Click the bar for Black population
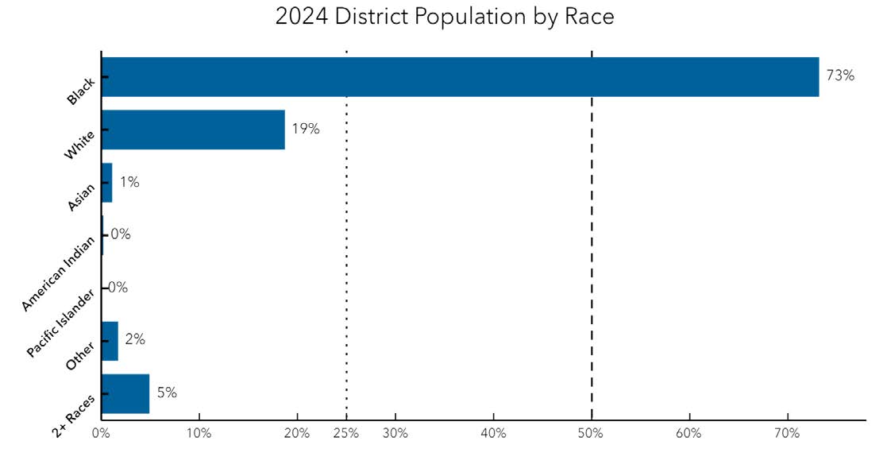[460, 77]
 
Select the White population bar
[193, 130]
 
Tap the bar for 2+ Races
[125, 394]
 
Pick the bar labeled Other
[110, 341]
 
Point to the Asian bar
[107, 183]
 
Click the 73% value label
[840, 75]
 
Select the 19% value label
[306, 129]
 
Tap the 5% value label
[167, 392]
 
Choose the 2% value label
[135, 339]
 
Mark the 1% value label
[129, 182]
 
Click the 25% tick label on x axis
[346, 434]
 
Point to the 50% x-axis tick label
[591, 434]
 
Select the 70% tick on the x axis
[787, 434]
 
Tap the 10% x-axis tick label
[199, 434]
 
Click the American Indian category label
[58, 274]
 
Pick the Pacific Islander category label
[60, 324]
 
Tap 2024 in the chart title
[302, 16]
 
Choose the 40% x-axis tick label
[492, 434]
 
